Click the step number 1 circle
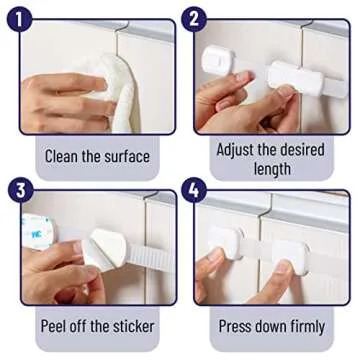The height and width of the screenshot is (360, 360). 18,18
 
